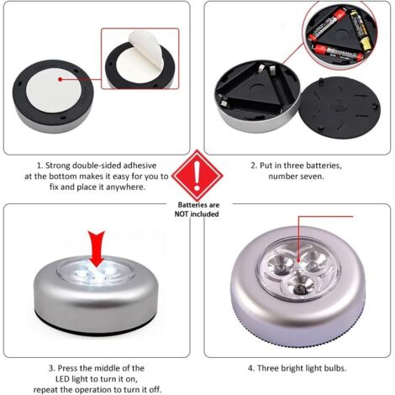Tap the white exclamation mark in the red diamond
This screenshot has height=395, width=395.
(x=197, y=176)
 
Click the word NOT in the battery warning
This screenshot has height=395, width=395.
(x=182, y=214)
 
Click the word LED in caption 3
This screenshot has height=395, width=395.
(x=63, y=379)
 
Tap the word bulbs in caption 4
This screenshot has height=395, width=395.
(x=335, y=368)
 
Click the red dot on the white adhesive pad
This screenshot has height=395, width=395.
(x=61, y=79)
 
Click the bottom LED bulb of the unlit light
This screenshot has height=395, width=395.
(x=298, y=287)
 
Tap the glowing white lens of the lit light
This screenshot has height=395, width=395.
(x=96, y=273)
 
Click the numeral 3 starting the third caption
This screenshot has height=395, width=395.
(x=50, y=368)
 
